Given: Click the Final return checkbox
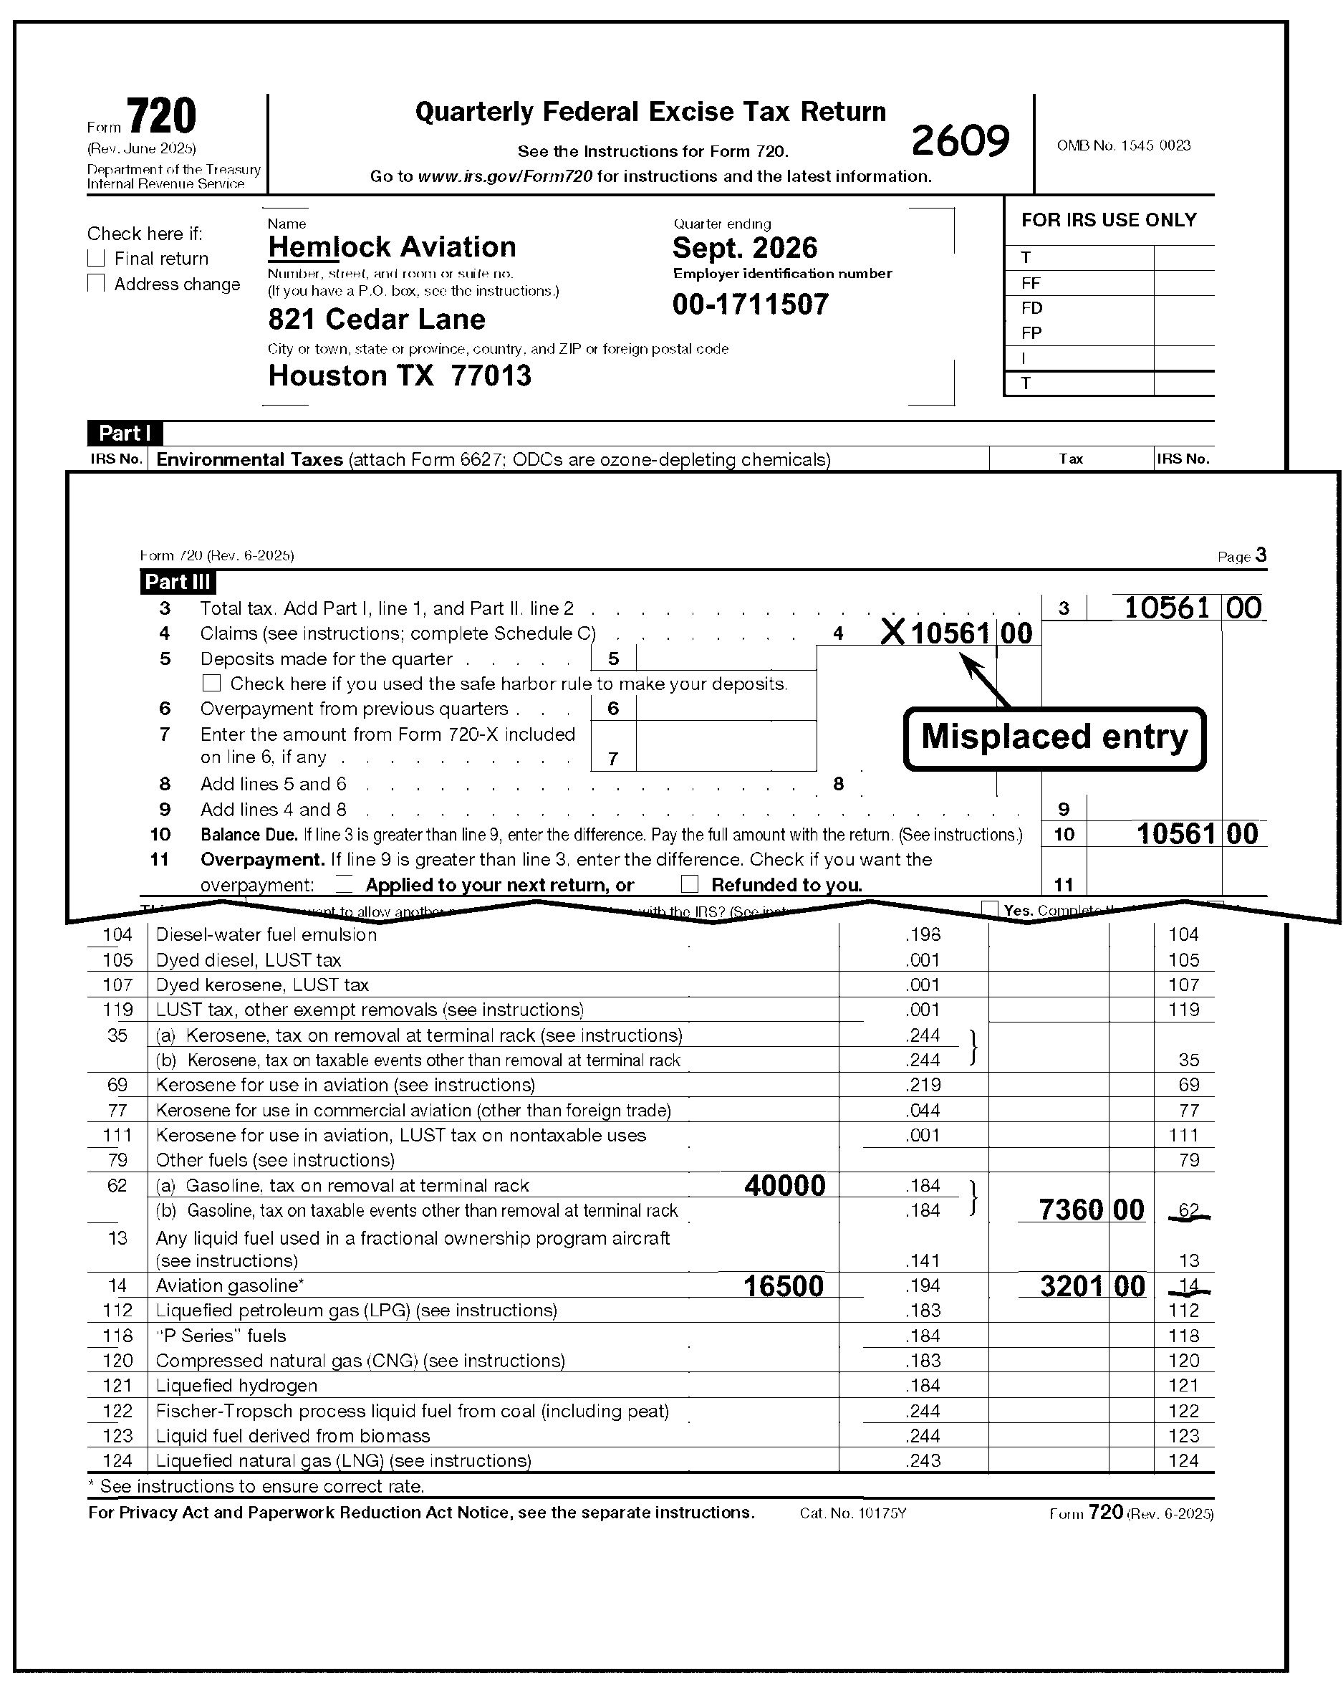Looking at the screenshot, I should click(96, 258).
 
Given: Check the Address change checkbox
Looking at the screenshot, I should click(96, 283).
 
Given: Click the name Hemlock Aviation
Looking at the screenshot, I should click(391, 247).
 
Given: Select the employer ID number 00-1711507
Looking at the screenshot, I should click(751, 304).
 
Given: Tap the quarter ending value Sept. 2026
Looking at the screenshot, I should click(744, 248).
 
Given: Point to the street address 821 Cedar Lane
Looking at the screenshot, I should click(377, 319).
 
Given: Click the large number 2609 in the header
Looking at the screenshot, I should click(960, 141).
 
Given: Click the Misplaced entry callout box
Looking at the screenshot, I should click(1054, 737).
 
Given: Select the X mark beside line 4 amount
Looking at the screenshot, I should click(892, 632).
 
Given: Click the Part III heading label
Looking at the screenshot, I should click(178, 582).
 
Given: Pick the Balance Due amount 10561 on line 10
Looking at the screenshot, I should click(1175, 833).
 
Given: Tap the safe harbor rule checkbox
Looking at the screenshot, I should click(211, 683).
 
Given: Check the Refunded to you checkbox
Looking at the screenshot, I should click(689, 883).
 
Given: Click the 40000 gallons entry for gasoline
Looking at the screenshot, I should click(784, 1186).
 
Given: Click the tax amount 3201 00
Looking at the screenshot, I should click(1092, 1286).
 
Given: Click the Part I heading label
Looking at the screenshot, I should click(125, 434).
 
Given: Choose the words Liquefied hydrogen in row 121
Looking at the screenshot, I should click(236, 1386).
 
